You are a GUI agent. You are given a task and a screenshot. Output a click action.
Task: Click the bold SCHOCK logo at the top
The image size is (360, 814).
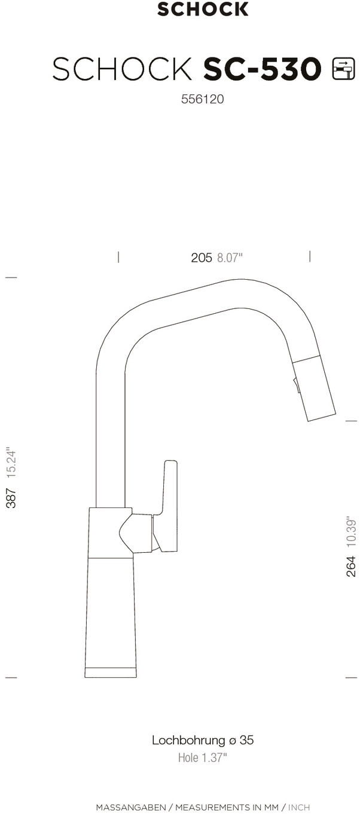click(x=203, y=9)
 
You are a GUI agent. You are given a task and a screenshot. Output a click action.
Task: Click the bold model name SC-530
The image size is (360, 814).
click(x=263, y=69)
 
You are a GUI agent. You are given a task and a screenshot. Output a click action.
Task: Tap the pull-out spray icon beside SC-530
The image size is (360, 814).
click(x=343, y=69)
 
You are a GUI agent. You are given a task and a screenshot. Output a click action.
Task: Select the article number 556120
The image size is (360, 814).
click(x=202, y=100)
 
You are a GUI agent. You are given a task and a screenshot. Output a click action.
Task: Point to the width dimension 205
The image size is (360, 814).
click(x=202, y=258)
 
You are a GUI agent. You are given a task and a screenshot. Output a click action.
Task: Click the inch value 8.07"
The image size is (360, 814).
click(x=230, y=258)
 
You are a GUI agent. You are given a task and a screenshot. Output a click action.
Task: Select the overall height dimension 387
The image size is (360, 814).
click(x=11, y=497)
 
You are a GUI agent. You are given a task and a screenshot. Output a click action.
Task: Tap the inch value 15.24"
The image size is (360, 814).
click(x=11, y=461)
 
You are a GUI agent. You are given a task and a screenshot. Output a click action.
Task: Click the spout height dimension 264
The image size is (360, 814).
click(x=351, y=566)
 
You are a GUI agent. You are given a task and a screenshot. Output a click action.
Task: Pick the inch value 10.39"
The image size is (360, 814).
click(x=351, y=531)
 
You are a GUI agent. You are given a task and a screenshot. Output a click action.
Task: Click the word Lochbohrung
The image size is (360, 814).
click(x=188, y=740)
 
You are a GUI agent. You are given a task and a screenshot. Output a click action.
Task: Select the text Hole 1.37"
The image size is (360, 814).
click(x=202, y=758)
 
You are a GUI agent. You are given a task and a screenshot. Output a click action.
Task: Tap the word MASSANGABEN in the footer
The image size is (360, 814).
click(x=131, y=807)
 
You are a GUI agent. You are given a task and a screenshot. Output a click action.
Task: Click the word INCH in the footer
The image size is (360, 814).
click(x=299, y=807)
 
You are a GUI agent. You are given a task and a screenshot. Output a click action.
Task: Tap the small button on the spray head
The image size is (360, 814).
click(x=295, y=385)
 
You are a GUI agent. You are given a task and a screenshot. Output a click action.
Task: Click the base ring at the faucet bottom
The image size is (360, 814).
click(x=111, y=672)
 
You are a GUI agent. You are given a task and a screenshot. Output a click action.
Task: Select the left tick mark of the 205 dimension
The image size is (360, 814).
click(x=118, y=257)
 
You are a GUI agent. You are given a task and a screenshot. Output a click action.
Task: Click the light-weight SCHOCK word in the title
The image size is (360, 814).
click(x=123, y=69)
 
